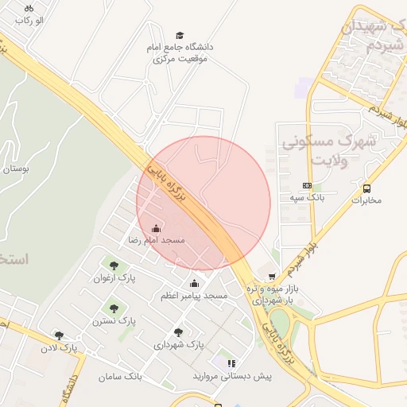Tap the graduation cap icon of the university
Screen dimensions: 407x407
pyautogui.click(x=180, y=35)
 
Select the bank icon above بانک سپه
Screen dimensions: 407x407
pyautogui.click(x=307, y=185)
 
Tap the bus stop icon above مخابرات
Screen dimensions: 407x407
pyautogui.click(x=366, y=188)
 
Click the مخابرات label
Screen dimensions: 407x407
pyautogui.click(x=366, y=200)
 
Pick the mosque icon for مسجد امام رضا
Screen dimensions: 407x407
pyautogui.click(x=156, y=228)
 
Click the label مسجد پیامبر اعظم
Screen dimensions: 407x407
pyautogui.click(x=194, y=296)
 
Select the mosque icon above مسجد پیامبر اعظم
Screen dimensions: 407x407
pyautogui.click(x=194, y=284)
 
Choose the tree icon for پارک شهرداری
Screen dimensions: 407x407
pyautogui.click(x=178, y=333)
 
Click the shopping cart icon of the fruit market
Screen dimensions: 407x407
pyautogui.click(x=273, y=277)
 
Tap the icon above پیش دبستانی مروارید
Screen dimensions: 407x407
pyautogui.click(x=231, y=363)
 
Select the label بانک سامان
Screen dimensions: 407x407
pyautogui.click(x=120, y=376)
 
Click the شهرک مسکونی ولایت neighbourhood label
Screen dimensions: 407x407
pyautogui.click(x=323, y=151)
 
